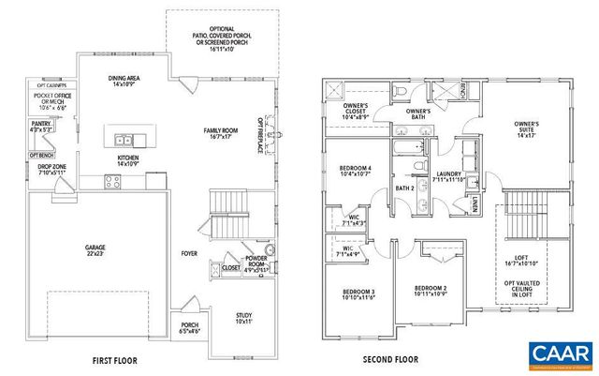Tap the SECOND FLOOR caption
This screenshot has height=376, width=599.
pos(389,360)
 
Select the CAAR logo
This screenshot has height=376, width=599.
pos(560,354)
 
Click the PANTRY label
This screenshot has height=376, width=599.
pos(39,126)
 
